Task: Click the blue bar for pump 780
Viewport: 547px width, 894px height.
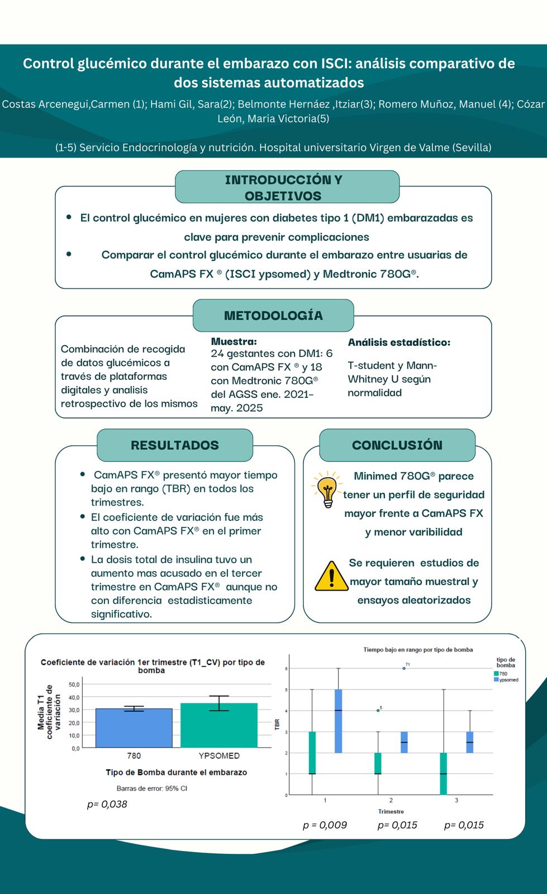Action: click(x=134, y=727)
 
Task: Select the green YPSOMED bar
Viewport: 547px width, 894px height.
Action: click(x=219, y=725)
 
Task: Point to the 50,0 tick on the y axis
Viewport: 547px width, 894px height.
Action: click(x=74, y=684)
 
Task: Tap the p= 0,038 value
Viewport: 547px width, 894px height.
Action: click(x=107, y=804)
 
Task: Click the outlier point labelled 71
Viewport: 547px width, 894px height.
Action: click(x=404, y=668)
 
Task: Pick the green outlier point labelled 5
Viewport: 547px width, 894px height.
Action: click(x=377, y=710)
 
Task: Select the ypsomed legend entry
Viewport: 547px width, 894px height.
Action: click(x=508, y=680)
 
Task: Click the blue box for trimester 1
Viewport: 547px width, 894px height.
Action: click(x=338, y=721)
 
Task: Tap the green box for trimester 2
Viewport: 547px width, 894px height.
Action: click(x=378, y=763)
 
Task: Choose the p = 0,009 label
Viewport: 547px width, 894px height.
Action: click(x=325, y=825)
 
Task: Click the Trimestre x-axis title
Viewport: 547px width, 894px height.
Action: click(x=391, y=811)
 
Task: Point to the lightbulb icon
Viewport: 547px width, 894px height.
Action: click(x=326, y=489)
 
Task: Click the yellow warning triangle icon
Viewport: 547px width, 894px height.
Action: click(x=331, y=576)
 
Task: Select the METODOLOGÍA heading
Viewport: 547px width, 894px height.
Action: click(x=273, y=316)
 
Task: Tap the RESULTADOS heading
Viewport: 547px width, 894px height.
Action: click(x=175, y=445)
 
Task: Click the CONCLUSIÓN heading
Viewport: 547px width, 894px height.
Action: click(x=397, y=445)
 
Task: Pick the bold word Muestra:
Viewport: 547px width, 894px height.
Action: click(x=234, y=341)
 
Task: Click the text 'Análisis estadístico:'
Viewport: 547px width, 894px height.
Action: click(x=399, y=342)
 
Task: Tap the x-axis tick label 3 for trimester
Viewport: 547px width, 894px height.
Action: click(x=456, y=800)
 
